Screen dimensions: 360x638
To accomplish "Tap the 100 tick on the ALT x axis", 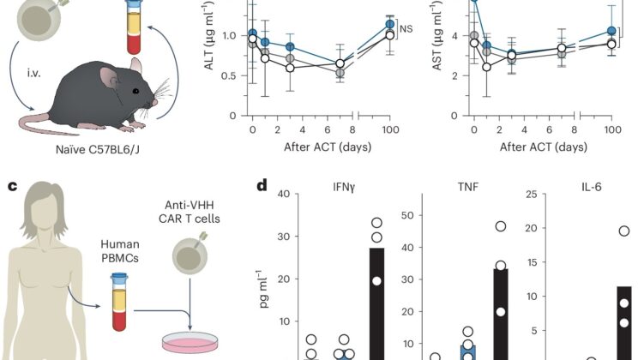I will [388, 129].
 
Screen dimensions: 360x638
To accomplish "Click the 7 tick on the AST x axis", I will [561, 129].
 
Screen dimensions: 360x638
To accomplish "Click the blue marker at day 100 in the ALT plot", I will [388, 24].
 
